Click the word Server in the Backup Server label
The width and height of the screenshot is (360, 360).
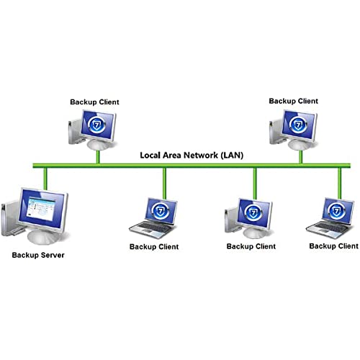click(x=53, y=255)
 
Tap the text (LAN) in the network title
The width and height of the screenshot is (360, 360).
click(x=232, y=156)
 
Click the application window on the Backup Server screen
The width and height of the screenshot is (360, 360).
click(x=40, y=208)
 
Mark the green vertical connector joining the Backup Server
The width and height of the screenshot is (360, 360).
click(x=45, y=179)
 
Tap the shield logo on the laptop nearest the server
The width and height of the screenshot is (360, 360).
click(x=161, y=211)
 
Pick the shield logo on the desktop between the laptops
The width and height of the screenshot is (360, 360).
click(x=253, y=212)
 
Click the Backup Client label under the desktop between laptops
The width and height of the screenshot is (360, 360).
click(x=251, y=246)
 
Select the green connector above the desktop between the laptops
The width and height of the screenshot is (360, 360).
click(x=255, y=184)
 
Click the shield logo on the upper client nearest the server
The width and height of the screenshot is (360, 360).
click(x=96, y=125)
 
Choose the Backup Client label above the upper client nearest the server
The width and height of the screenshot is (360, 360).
click(x=94, y=102)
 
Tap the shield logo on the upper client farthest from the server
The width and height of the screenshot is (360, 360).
click(x=298, y=125)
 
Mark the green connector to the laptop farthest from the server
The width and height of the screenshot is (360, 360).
click(x=340, y=184)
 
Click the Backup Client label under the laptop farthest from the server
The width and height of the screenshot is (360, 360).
click(x=334, y=246)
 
